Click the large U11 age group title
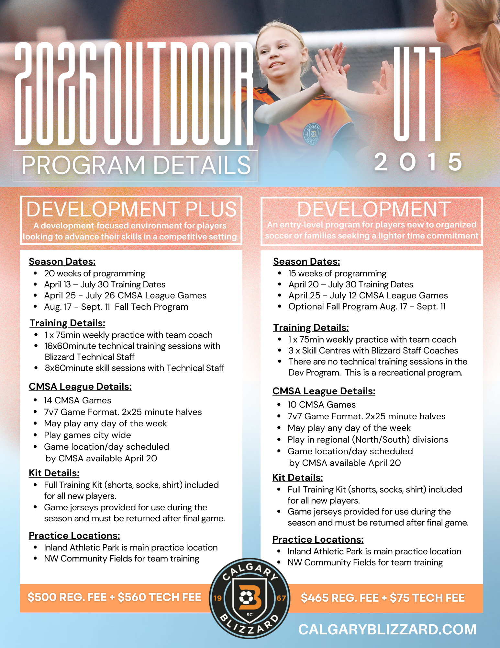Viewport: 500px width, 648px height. tap(417, 94)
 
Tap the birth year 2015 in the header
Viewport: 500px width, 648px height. tap(418, 162)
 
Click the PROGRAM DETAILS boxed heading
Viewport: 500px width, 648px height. tap(136, 165)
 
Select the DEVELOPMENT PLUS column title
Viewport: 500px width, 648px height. tap(131, 209)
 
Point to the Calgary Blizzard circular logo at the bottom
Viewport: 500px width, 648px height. tap(250, 598)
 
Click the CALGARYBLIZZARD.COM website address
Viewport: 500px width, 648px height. tap(387, 630)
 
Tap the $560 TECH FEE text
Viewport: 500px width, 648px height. tap(159, 597)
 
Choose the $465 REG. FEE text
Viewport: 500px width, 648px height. tap(339, 598)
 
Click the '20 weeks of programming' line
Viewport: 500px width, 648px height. tap(94, 273)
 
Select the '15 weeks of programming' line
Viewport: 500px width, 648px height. tap(337, 273)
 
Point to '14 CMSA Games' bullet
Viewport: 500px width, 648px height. tap(78, 400)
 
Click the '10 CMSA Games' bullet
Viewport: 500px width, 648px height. tap(322, 405)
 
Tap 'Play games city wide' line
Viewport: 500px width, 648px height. tap(87, 435)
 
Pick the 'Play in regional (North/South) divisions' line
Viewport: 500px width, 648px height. tap(368, 440)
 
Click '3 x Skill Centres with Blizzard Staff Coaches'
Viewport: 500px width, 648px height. tap(373, 351)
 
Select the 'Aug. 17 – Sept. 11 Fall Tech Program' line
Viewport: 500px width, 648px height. tap(116, 307)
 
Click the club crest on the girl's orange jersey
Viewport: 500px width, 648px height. tap(312, 133)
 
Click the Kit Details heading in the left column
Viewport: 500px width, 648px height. tap(54, 473)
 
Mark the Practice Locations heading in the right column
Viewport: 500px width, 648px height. tap(318, 539)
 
